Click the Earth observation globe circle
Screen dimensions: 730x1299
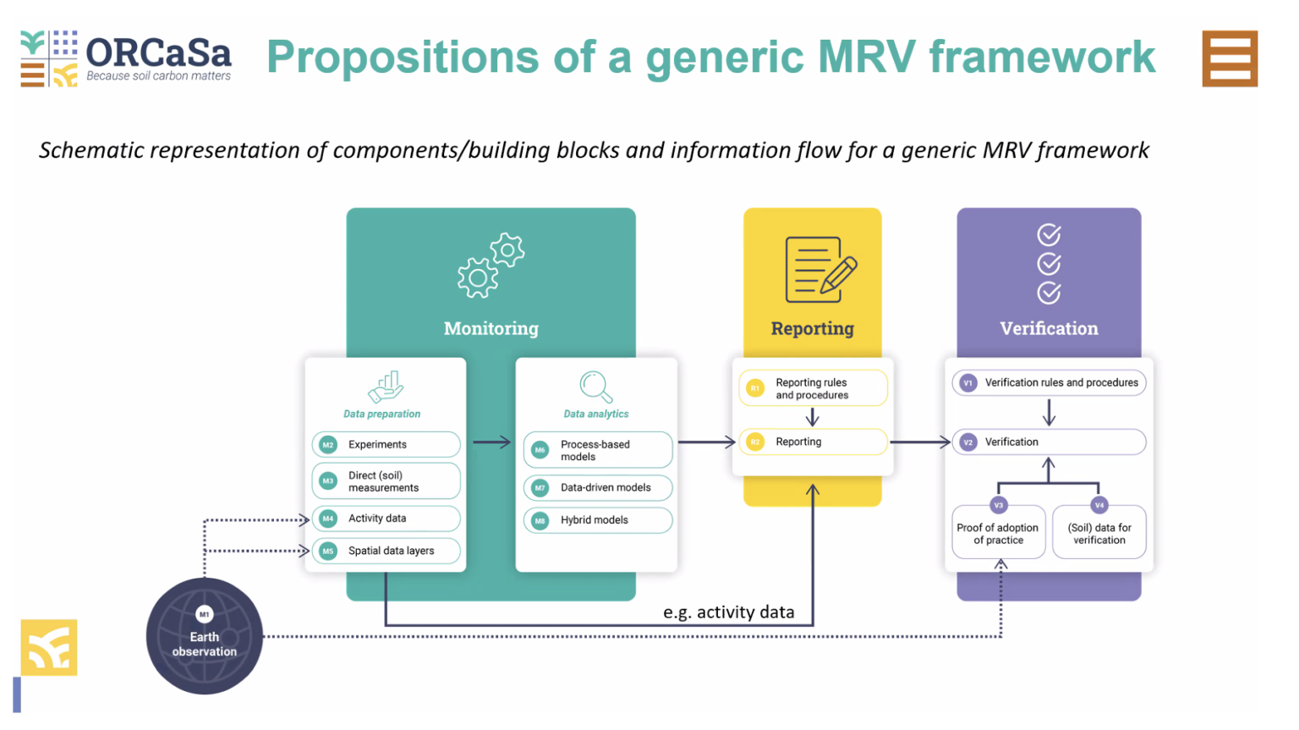(205, 637)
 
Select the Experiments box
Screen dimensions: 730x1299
(386, 444)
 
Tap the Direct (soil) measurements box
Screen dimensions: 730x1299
(386, 481)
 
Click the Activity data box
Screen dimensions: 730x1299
(386, 519)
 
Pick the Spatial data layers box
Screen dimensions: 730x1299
(386, 551)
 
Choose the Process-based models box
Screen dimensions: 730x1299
(598, 450)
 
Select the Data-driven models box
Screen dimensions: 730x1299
(598, 487)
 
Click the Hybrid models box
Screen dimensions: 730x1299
(598, 520)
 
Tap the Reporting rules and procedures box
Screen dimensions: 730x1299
(813, 388)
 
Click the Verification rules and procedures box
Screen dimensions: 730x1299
(1049, 382)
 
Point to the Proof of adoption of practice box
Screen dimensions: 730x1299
(998, 533)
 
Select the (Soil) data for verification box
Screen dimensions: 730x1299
(1099, 533)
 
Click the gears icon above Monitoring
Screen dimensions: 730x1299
(491, 265)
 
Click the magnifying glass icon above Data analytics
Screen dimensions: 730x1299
(596, 387)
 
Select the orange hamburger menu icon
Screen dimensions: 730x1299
(1230, 58)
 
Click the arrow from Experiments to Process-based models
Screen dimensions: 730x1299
(491, 442)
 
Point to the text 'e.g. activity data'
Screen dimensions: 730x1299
(728, 612)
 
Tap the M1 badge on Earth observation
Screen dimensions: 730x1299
(205, 614)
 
